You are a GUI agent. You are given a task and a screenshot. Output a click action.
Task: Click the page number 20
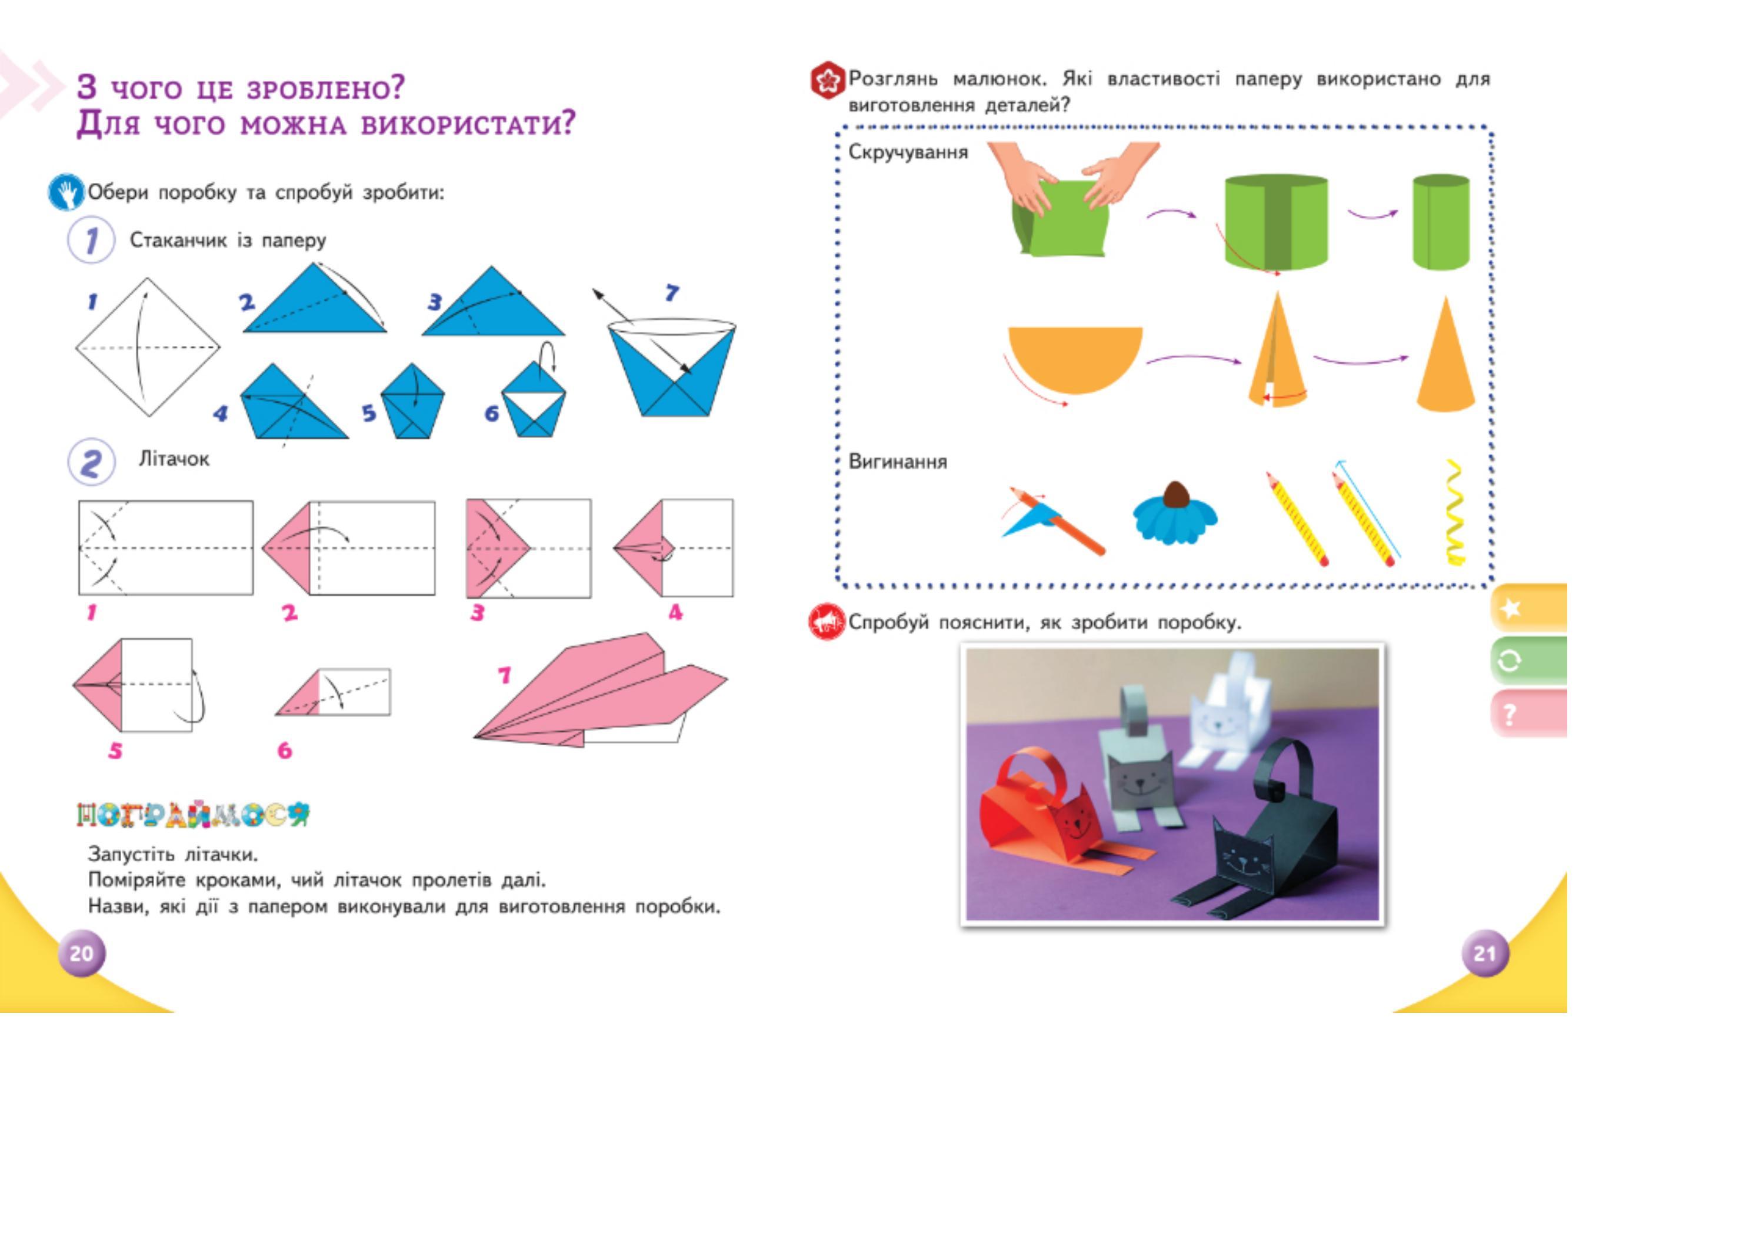click(x=81, y=953)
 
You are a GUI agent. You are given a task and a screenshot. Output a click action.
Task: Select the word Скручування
click(x=908, y=152)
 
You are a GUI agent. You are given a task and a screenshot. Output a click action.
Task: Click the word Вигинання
click(x=897, y=462)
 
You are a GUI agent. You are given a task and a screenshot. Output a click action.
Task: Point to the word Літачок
click(x=174, y=459)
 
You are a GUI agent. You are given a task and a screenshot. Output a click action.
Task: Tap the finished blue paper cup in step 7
click(x=672, y=368)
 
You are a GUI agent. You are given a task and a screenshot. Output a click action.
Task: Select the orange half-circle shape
click(x=1074, y=357)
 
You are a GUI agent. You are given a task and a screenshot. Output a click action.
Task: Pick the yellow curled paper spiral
click(x=1454, y=513)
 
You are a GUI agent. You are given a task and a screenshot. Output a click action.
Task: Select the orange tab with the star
click(x=1528, y=609)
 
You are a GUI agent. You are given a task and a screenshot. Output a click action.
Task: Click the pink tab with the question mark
click(x=1528, y=714)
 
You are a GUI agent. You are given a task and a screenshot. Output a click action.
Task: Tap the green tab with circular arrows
click(x=1528, y=661)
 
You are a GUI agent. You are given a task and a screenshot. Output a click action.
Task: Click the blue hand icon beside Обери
click(x=66, y=192)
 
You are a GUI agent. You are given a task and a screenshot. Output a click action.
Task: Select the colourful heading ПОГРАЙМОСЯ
click(x=193, y=815)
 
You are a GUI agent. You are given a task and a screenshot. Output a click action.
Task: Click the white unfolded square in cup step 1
click(x=147, y=347)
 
